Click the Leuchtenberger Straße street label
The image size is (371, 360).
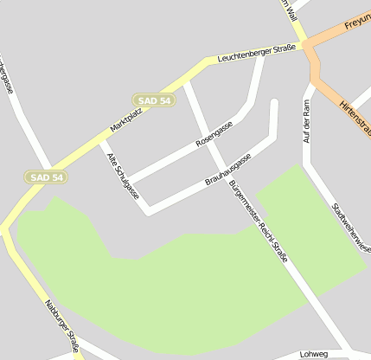coord(257,54)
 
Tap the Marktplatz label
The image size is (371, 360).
coord(125,119)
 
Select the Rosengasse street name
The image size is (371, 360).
coord(214,132)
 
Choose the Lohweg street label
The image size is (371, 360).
coord(315,354)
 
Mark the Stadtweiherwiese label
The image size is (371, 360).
coord(351,225)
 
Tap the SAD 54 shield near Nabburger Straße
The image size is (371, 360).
coord(46,177)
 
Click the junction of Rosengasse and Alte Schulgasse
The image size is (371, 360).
coord(128,183)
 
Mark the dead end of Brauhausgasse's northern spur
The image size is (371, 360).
coord(275,103)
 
